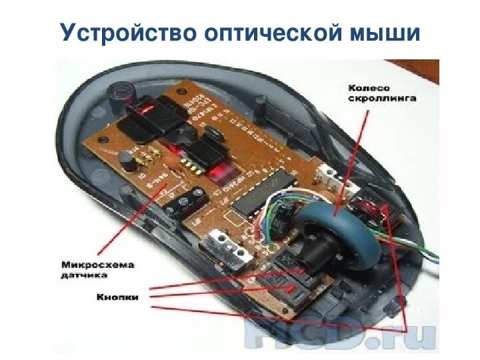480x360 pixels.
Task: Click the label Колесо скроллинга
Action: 382,92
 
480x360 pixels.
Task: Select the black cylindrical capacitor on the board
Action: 124,159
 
